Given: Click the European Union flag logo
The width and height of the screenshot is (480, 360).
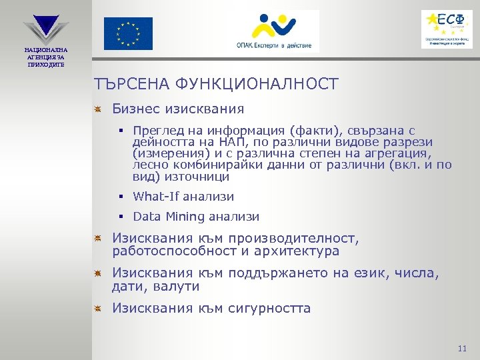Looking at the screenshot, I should pyautogui.click(x=127, y=33).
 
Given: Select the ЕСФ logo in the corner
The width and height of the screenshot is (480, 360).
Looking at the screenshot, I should pyautogui.click(x=447, y=29).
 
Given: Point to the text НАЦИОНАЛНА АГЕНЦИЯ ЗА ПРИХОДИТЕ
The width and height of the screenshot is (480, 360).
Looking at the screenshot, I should pyautogui.click(x=46, y=57).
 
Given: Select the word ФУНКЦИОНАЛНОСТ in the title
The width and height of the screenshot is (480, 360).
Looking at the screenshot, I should pyautogui.click(x=257, y=84).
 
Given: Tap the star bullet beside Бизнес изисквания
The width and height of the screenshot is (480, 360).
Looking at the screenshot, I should pyautogui.click(x=97, y=109).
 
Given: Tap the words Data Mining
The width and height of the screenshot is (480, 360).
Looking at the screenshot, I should pyautogui.click(x=169, y=217).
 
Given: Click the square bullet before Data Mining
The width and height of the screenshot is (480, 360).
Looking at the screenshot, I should pyautogui.click(x=123, y=217).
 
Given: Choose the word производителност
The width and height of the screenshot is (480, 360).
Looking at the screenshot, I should pyautogui.click(x=293, y=238).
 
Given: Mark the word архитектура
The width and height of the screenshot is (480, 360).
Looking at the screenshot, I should pyautogui.click(x=301, y=251).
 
